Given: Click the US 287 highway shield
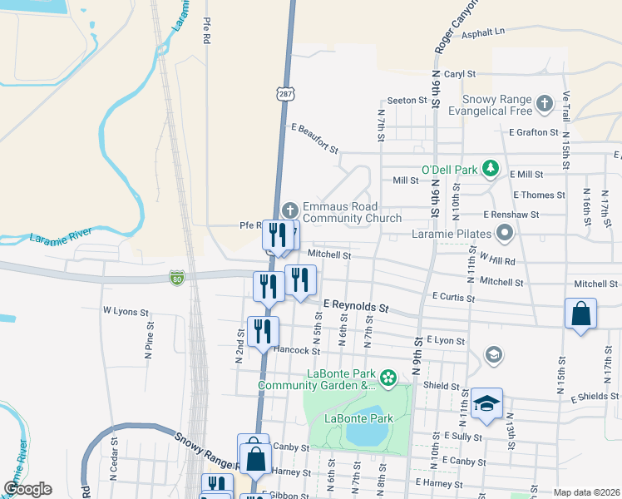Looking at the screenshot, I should [x=285, y=94].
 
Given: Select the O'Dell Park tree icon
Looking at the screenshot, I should [x=491, y=170].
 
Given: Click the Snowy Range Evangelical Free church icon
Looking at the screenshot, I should [x=544, y=104].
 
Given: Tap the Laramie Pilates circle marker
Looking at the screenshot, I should [x=505, y=234].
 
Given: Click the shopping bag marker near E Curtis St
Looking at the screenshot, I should [x=580, y=314].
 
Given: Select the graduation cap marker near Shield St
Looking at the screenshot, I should [x=486, y=404].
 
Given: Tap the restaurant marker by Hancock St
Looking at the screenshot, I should [x=263, y=331].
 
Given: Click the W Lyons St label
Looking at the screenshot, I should [x=125, y=311].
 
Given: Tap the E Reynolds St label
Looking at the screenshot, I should [x=356, y=307].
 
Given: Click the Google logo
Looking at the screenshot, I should [x=28, y=489].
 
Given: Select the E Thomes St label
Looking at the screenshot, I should [x=539, y=195].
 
